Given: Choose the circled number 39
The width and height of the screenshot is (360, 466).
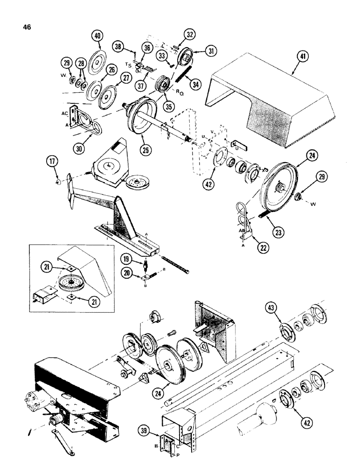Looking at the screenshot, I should click(x=146, y=429).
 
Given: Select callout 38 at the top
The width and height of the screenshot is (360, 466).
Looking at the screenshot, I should click(x=118, y=46).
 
